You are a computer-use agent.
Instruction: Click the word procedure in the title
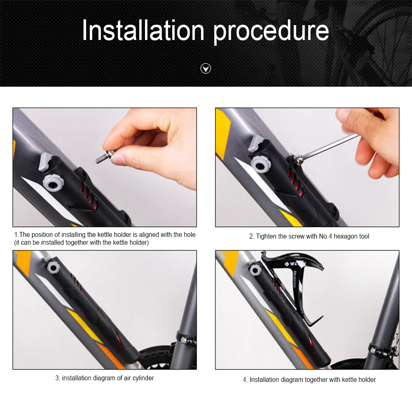point(271,31)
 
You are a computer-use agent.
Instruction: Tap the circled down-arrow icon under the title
point(206,68)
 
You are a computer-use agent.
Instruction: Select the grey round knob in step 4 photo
point(255,270)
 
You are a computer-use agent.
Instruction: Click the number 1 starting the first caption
point(16,235)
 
